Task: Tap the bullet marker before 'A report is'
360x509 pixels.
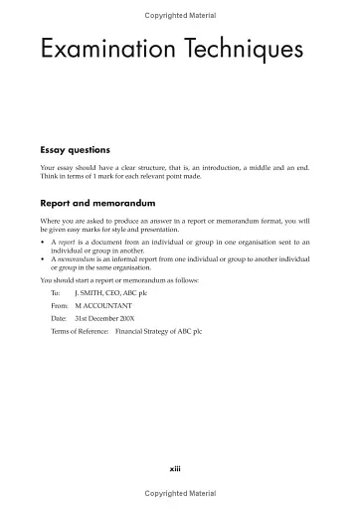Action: pos(43,242)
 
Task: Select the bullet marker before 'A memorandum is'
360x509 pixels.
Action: pos(43,258)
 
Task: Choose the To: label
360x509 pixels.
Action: pos(56,295)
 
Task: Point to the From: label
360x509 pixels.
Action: pos(59,307)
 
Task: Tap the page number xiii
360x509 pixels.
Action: pos(179,467)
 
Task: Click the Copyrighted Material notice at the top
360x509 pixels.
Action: pos(180,16)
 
